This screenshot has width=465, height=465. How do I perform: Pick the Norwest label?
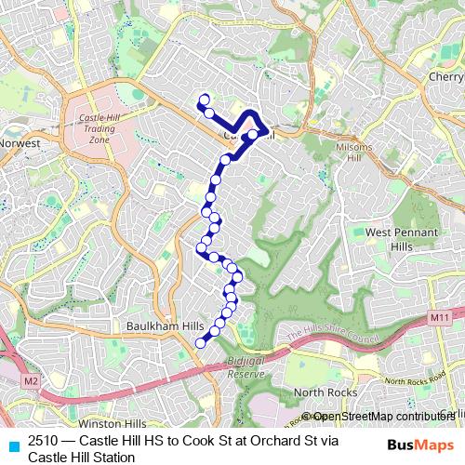(x=20, y=144)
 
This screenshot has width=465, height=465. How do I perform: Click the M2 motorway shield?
(x=32, y=381)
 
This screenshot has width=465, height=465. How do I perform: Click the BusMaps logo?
(x=420, y=445)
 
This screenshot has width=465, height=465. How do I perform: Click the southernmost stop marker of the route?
(x=200, y=343)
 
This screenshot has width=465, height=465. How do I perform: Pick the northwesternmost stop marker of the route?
(x=205, y=100)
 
